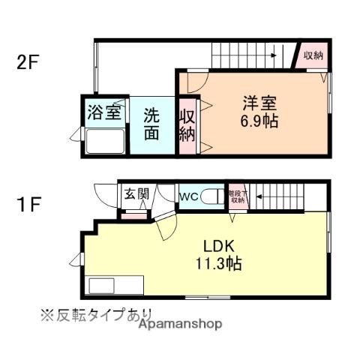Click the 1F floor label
28,203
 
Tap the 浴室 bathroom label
104,113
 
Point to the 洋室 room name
259,102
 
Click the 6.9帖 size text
259,120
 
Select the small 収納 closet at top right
313,55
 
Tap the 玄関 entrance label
137,194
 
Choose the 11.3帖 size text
219,264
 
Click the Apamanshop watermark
180,324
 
